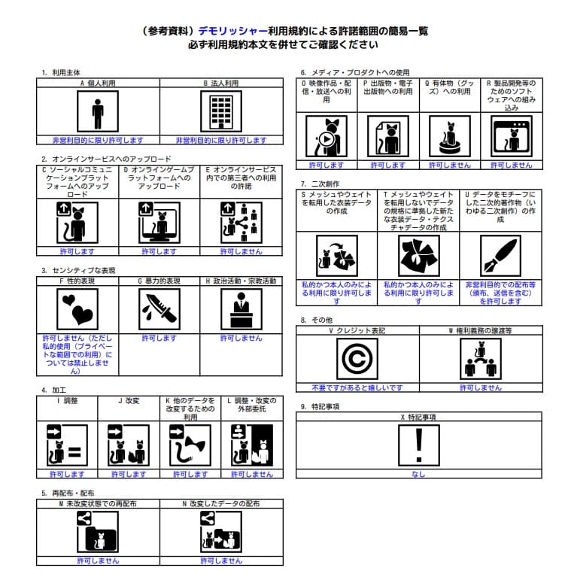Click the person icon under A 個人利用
coord(97,113)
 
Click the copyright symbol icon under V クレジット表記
coord(357,360)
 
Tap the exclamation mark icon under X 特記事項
coord(418,445)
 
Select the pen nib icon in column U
coord(500,256)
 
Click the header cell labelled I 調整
coord(67,401)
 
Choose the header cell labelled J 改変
coord(129,401)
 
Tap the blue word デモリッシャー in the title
coord(233,32)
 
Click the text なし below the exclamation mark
coord(418,475)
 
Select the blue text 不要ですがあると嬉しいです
coord(357,387)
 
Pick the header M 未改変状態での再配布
coord(98,503)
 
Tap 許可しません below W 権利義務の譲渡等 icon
coord(479,387)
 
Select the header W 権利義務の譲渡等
coord(479,331)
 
